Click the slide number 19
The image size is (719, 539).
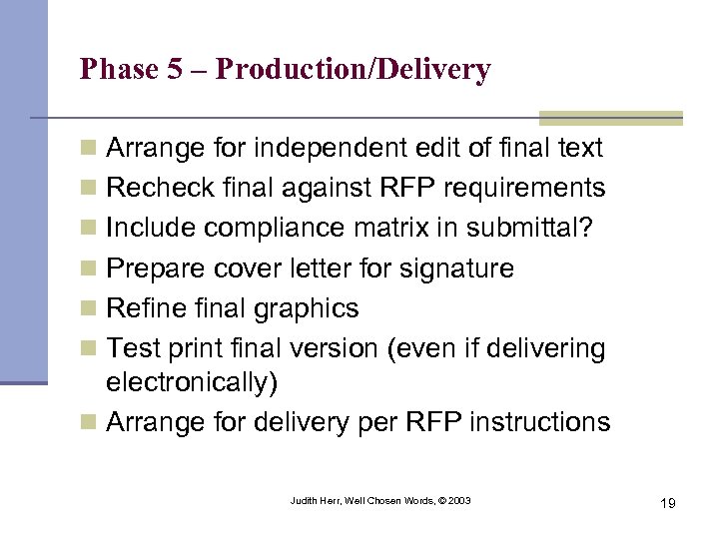tap(667, 503)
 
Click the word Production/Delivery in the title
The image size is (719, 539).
tap(353, 69)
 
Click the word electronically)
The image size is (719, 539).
tap(191, 383)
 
